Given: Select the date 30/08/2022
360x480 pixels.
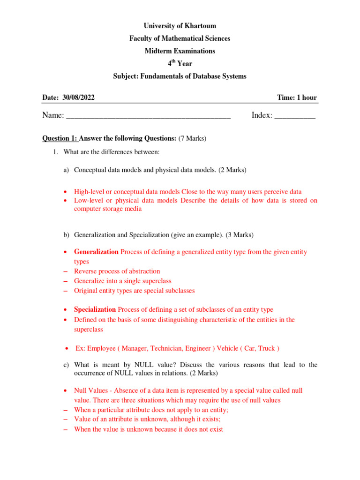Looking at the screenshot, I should click(x=79, y=97).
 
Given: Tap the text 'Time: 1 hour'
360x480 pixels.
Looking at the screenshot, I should click(x=297, y=97).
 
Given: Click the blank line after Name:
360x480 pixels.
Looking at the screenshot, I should click(x=148, y=116).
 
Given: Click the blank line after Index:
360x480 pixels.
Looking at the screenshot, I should click(x=294, y=116).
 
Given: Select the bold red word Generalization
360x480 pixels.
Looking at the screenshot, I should click(x=96, y=252).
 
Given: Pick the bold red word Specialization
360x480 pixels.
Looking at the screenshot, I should click(x=95, y=309).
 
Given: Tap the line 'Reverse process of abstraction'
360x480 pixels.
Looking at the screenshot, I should click(x=117, y=271).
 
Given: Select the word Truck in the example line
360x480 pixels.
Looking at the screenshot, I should click(x=266, y=348).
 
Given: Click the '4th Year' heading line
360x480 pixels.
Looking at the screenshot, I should click(x=180, y=64).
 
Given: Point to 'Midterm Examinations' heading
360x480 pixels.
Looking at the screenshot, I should click(x=180, y=51).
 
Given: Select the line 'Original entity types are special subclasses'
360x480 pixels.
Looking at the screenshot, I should click(x=134, y=291).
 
